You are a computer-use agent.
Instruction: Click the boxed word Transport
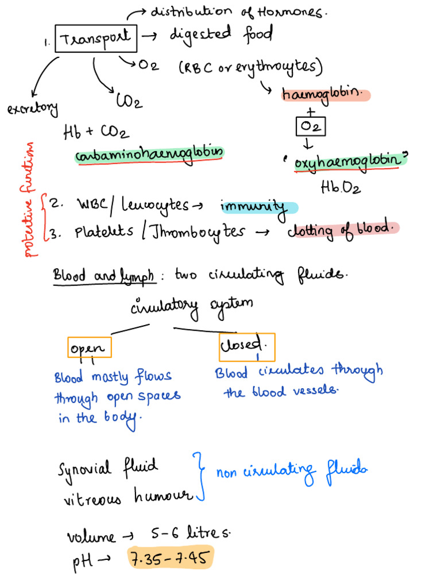95,39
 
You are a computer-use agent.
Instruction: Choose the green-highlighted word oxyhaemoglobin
348,161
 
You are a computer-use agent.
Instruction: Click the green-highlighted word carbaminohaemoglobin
149,154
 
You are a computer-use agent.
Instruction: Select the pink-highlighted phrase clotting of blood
342,229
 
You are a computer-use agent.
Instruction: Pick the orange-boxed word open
88,348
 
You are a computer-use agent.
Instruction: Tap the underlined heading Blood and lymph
104,276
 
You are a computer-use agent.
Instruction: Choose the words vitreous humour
126,497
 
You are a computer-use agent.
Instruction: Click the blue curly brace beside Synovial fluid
199,477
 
